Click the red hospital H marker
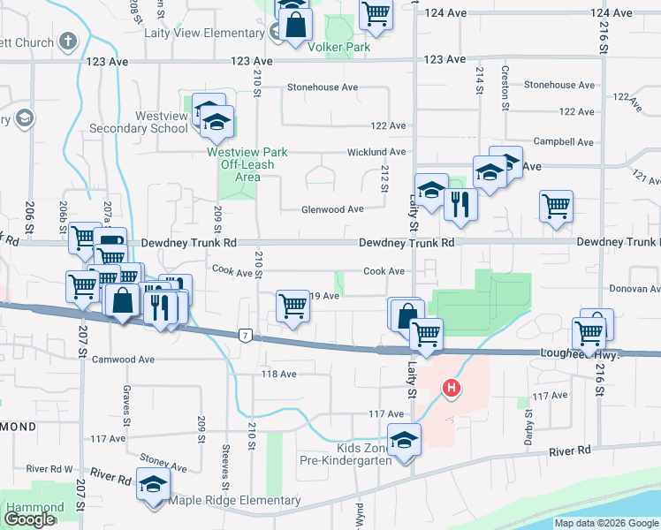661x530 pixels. pyautogui.click(x=452, y=387)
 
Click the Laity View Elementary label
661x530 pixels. pyautogui.click(x=204, y=34)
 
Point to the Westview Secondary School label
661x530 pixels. pyautogui.click(x=139, y=122)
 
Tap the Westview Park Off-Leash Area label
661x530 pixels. pyautogui.click(x=247, y=164)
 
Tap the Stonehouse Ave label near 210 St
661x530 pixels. pyautogui.click(x=323, y=87)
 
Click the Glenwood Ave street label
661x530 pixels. pyautogui.click(x=332, y=209)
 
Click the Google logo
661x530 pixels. pyautogui.click(x=30, y=519)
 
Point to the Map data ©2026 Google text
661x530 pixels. pyautogui.click(x=605, y=523)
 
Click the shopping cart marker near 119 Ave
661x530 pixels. pyautogui.click(x=293, y=307)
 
